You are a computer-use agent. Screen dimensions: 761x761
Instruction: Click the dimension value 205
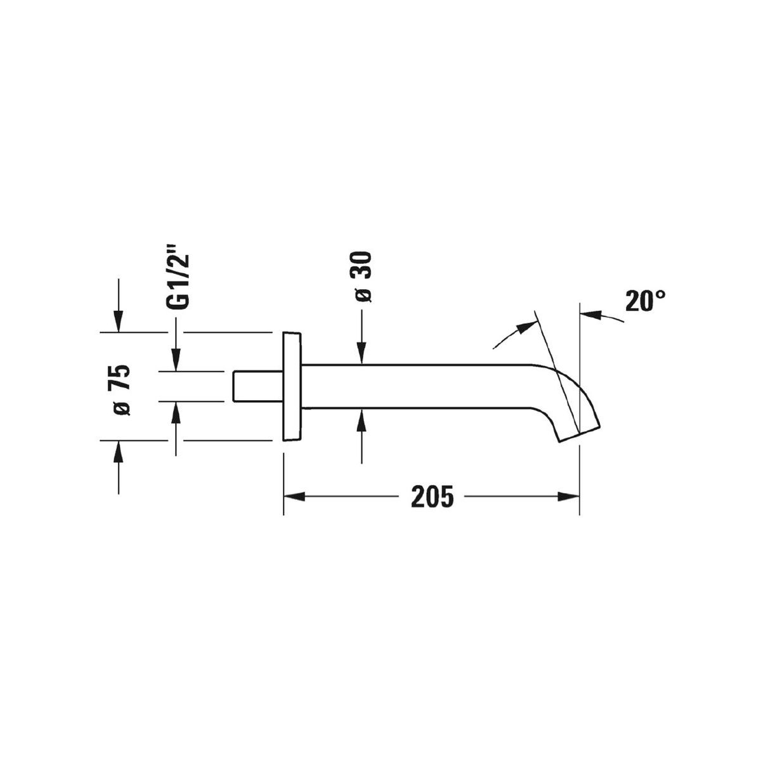point(432,497)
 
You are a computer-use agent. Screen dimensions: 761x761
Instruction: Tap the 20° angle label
point(646,301)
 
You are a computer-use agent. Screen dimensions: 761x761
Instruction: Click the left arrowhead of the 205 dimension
point(294,497)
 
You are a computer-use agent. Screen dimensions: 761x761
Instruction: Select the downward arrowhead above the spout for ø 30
point(361,353)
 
